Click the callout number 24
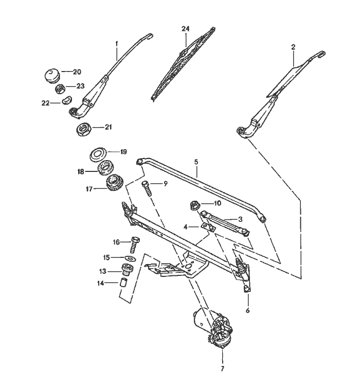(x=186, y=29)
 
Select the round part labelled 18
(x=105, y=168)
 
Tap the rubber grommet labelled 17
(x=112, y=184)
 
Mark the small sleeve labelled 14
(x=124, y=283)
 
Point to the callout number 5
(x=196, y=162)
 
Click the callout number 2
(x=293, y=47)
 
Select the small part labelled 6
(x=247, y=289)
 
